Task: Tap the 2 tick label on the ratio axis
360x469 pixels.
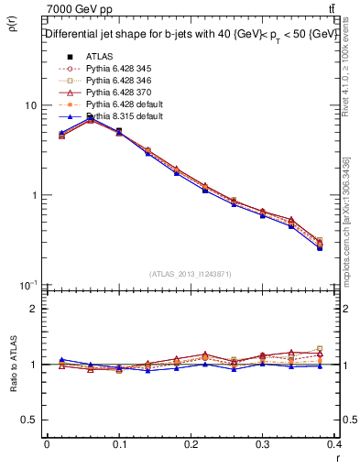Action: [33, 309]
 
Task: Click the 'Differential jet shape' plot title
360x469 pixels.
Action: [191, 35]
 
